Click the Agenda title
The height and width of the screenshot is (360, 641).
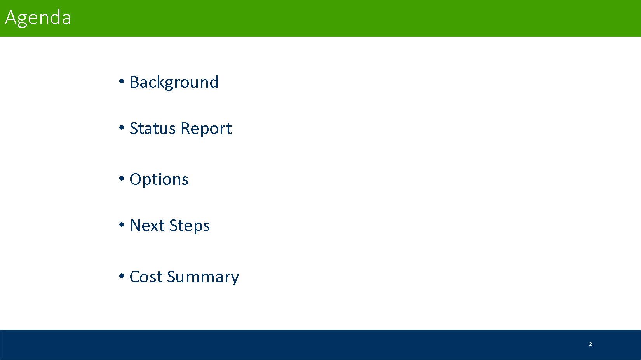[x=38, y=18]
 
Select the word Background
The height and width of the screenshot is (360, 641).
[x=174, y=82]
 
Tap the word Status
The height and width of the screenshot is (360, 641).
[x=153, y=128]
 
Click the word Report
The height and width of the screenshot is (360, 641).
[x=206, y=129]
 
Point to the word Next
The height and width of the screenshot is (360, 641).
[x=147, y=226]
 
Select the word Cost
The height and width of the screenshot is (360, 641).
[x=146, y=277]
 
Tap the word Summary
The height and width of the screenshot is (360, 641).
[x=203, y=277]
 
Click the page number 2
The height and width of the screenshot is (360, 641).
[x=590, y=344]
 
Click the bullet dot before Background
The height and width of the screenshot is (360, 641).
[x=122, y=82]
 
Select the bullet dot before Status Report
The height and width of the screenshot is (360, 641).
[x=122, y=127]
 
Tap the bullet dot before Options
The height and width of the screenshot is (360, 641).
[x=122, y=179]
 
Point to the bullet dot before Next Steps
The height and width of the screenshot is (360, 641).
[x=122, y=224]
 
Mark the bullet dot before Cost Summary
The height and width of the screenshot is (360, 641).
[x=122, y=276]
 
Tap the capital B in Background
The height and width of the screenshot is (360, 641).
[x=135, y=82]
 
